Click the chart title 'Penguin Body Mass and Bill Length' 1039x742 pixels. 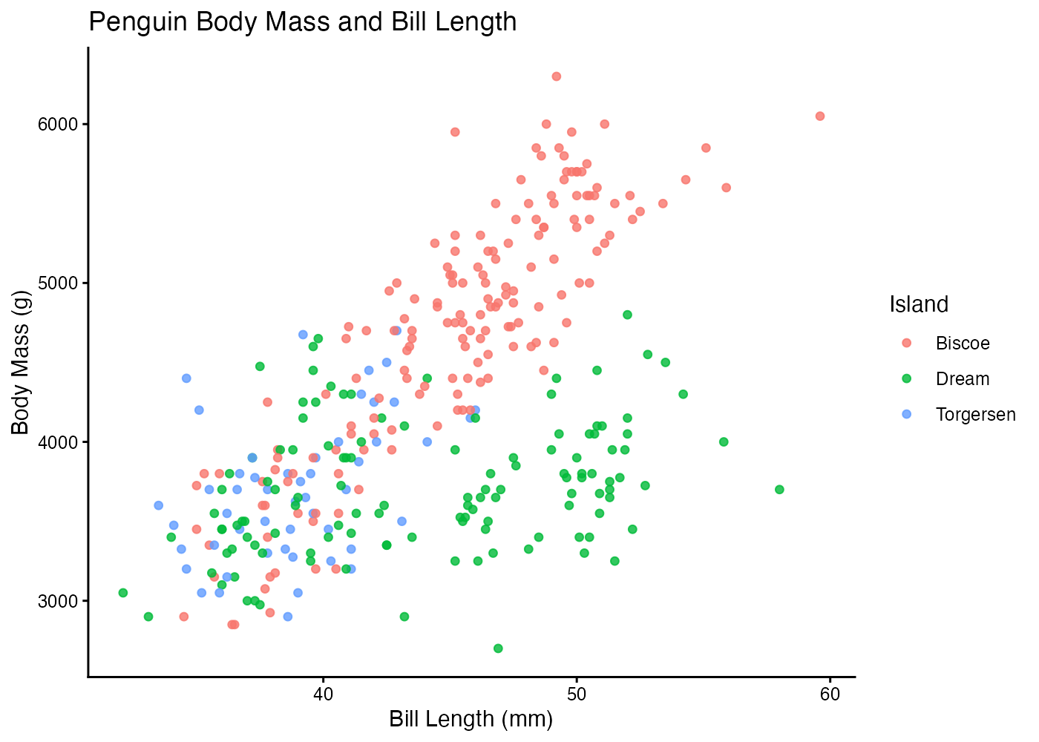point(302,22)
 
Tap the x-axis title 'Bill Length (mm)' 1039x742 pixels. point(471,719)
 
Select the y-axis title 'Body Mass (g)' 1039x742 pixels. point(21,362)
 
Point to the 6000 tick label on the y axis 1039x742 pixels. point(58,124)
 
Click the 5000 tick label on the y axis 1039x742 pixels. point(58,283)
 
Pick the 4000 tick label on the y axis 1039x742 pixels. point(58,442)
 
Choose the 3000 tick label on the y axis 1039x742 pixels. point(58,601)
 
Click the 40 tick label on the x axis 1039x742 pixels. point(323,695)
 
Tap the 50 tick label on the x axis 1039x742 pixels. point(577,695)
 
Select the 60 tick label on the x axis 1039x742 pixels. point(830,695)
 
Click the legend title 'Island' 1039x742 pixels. point(919,304)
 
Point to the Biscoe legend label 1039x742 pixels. point(963,344)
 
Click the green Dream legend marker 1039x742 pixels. point(906,379)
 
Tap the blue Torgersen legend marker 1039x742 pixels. point(906,415)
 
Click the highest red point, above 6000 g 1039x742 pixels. point(556,76)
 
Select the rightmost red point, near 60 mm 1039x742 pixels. point(819,116)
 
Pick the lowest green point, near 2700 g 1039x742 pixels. point(498,649)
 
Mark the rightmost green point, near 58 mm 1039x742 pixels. point(779,490)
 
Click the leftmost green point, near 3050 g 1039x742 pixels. point(123,593)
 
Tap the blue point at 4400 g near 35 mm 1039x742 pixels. point(186,378)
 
